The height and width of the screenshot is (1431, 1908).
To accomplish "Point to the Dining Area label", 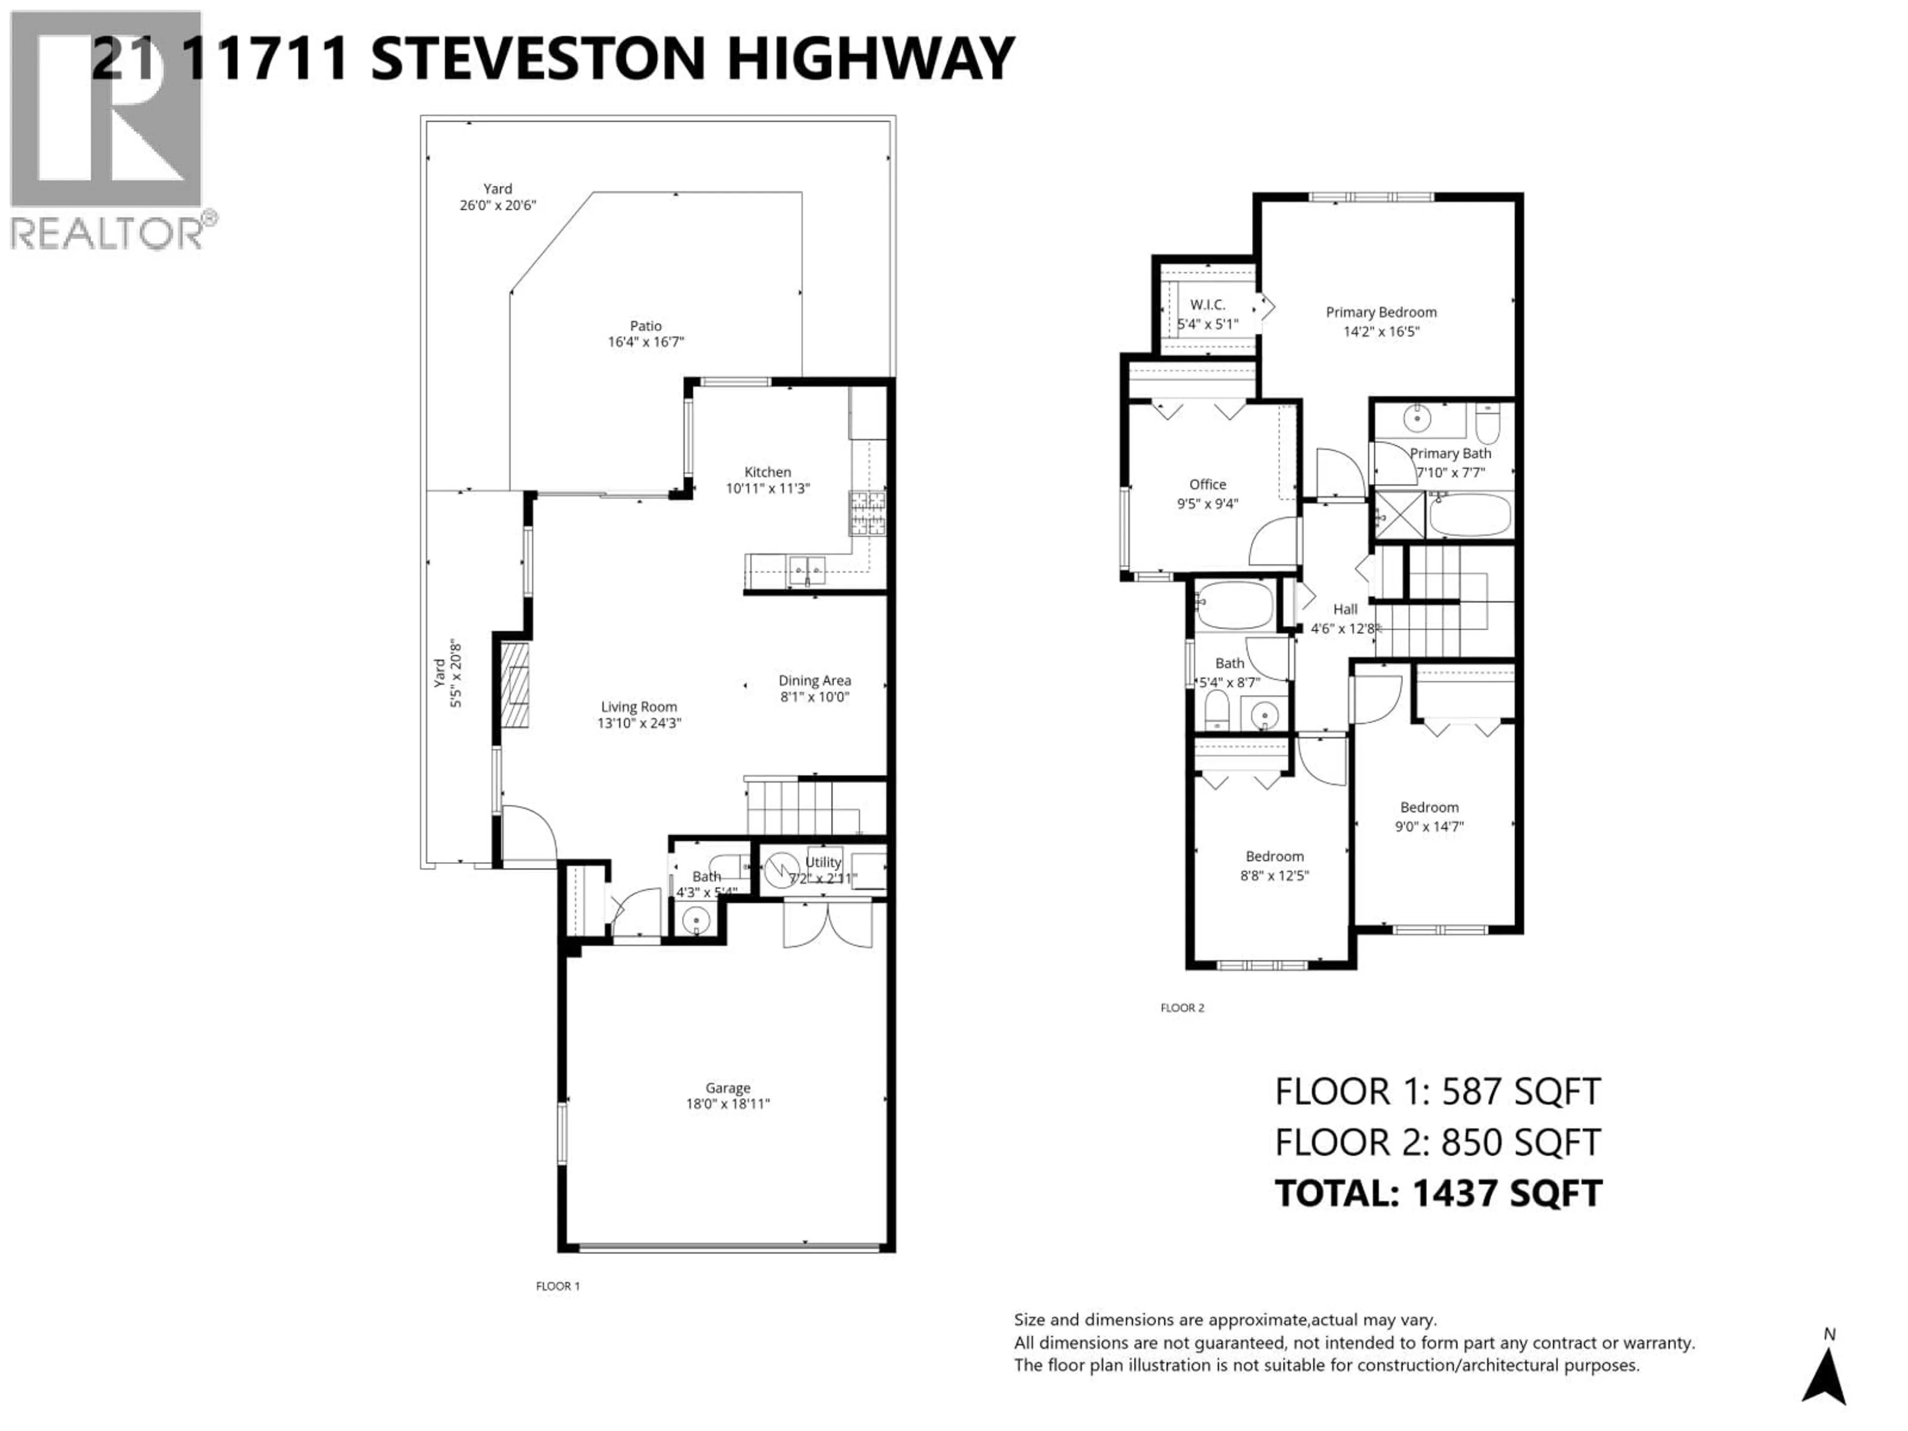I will click(x=814, y=681).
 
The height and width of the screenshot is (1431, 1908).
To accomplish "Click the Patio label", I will click(x=645, y=326).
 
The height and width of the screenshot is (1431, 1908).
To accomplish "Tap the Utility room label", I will click(x=823, y=862).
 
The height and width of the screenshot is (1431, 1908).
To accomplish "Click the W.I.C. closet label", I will click(x=1207, y=305).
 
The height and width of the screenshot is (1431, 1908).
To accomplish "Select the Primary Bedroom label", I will click(x=1380, y=312).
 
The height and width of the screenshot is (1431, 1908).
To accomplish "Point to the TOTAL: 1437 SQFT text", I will click(x=1438, y=1193).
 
